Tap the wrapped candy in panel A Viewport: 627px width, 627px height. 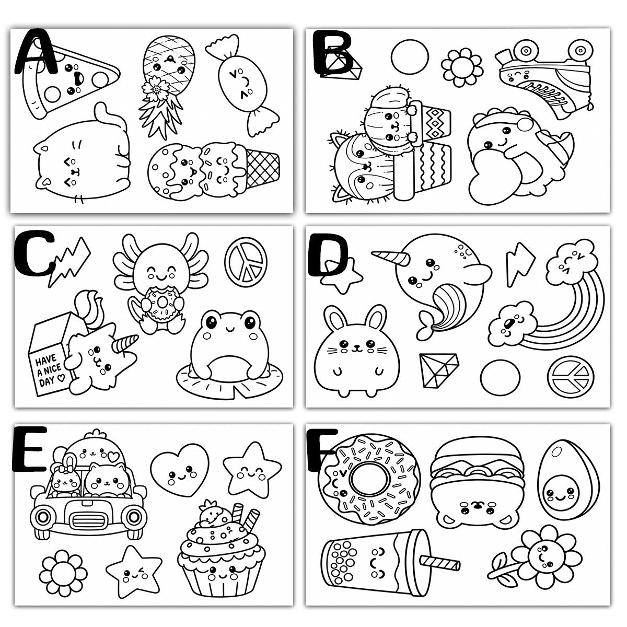tap(242, 85)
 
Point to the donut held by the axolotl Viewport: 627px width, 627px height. tap(161, 303)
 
